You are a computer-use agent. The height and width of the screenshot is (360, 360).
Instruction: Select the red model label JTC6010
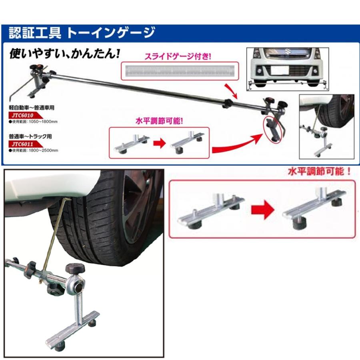(x=23, y=115)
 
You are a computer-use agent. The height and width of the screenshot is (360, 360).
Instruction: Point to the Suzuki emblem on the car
(x=287, y=51)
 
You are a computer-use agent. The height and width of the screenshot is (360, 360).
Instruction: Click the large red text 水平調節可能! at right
(x=319, y=173)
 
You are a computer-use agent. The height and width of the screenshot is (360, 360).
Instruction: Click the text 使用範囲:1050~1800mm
(x=34, y=122)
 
